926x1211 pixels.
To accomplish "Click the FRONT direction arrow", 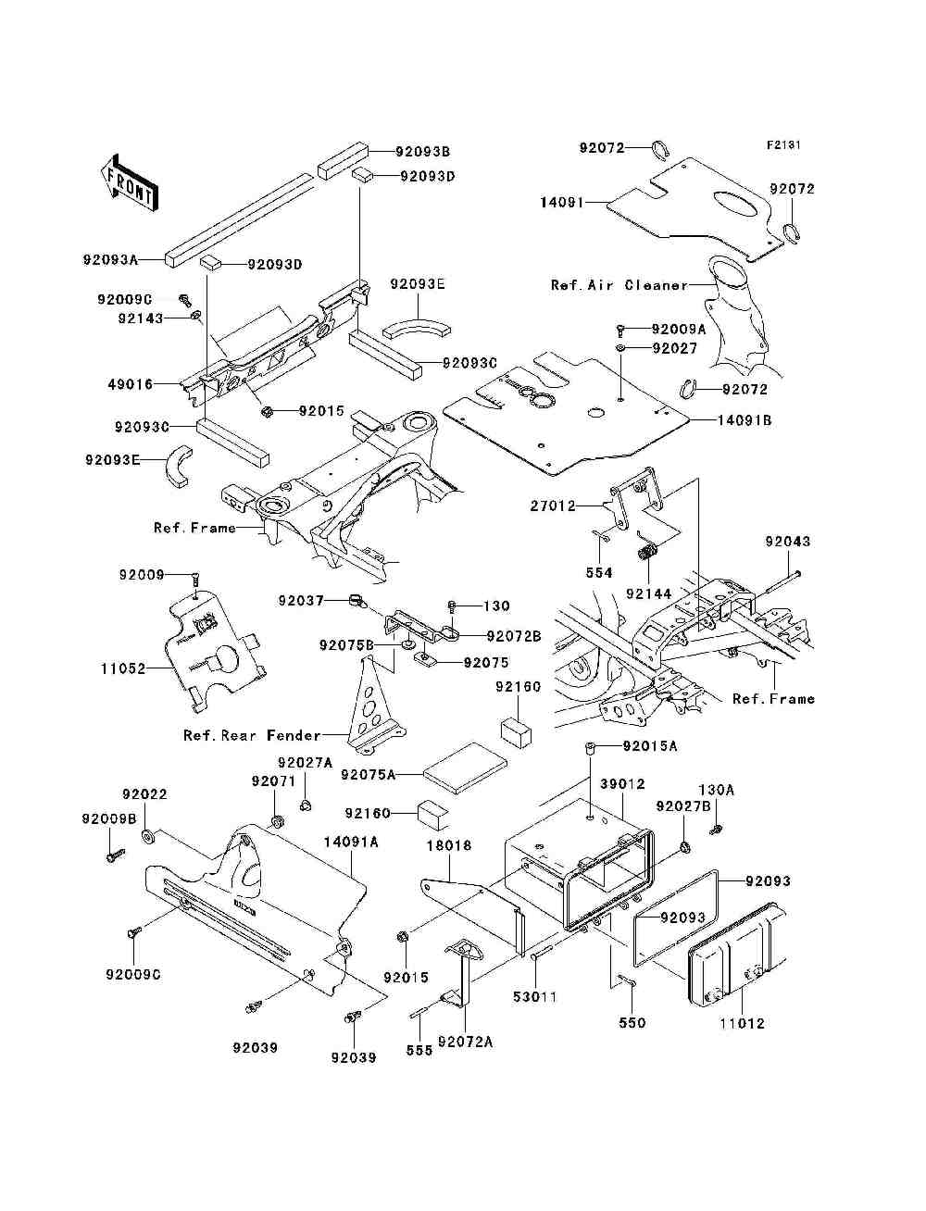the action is point(130,182).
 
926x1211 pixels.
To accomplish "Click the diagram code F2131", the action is point(783,145).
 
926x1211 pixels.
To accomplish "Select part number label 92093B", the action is point(422,151).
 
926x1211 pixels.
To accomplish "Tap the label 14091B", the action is point(745,420).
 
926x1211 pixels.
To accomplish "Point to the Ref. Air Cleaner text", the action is point(619,285).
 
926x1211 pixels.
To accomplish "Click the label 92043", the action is point(787,542).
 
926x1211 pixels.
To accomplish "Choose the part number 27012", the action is point(553,506).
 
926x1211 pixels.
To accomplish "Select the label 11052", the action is point(123,668).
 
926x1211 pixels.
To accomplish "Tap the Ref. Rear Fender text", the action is point(252,735).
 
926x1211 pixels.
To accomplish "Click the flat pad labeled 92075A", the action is point(465,768).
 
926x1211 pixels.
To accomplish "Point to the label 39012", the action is point(622,784).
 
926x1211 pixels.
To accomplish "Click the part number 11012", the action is point(743,1023).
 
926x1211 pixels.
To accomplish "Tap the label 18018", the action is point(449,845).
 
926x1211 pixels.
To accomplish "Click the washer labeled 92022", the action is point(148,836).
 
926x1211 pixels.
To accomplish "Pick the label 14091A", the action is point(351,842).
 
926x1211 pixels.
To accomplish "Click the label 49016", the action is point(131,384).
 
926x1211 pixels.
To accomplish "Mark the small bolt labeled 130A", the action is point(717,828).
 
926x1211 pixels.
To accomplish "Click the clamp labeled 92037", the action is point(357,601).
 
